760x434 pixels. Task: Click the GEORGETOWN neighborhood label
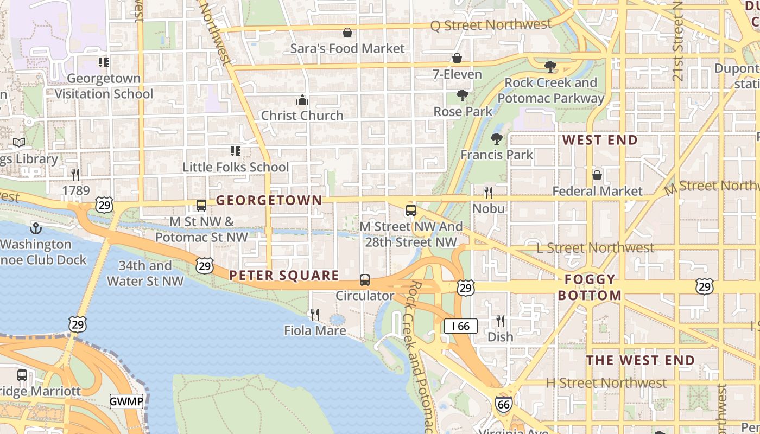click(269, 200)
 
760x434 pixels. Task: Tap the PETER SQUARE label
click(284, 276)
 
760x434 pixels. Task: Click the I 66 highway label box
click(460, 326)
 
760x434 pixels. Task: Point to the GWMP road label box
click(126, 402)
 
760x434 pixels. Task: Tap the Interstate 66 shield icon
click(503, 404)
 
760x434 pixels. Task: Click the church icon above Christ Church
click(302, 100)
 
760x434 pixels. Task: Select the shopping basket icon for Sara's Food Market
click(347, 33)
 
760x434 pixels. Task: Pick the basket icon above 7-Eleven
click(457, 58)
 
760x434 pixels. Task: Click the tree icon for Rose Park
click(463, 96)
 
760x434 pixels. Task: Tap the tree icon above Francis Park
click(496, 139)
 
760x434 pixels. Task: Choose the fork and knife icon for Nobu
click(489, 193)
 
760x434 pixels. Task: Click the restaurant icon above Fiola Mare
click(314, 314)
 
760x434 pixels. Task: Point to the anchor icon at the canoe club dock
click(36, 228)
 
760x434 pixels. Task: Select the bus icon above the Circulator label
click(365, 280)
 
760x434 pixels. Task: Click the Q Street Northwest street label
click(491, 25)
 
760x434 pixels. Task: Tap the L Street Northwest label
click(595, 248)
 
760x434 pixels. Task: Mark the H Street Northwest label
click(606, 383)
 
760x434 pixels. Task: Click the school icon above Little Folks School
click(235, 151)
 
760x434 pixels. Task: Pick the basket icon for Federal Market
click(597, 175)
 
